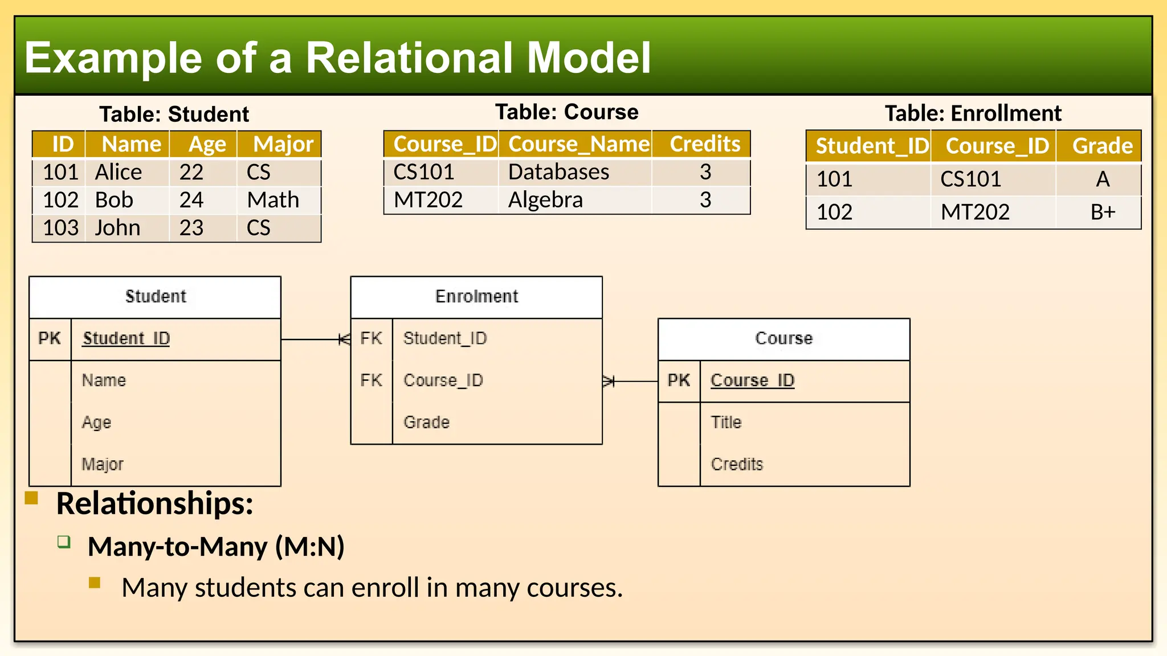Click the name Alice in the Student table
(x=119, y=172)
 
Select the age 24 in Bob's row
(x=191, y=200)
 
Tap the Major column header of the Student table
(x=283, y=145)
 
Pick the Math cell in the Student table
(x=273, y=200)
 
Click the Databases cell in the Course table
(x=558, y=172)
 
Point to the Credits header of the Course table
(x=705, y=144)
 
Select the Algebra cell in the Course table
(x=545, y=200)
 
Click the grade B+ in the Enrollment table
(x=1103, y=212)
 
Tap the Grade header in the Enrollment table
(x=1102, y=146)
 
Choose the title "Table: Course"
(x=566, y=112)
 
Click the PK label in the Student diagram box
(x=50, y=338)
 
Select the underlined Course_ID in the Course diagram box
(x=752, y=380)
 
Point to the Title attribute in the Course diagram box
(x=726, y=423)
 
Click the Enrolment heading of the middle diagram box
(x=476, y=297)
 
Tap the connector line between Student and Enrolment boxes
(x=311, y=339)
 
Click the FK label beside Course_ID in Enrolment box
(x=371, y=380)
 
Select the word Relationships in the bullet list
(x=154, y=504)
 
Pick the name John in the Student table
(x=117, y=228)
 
